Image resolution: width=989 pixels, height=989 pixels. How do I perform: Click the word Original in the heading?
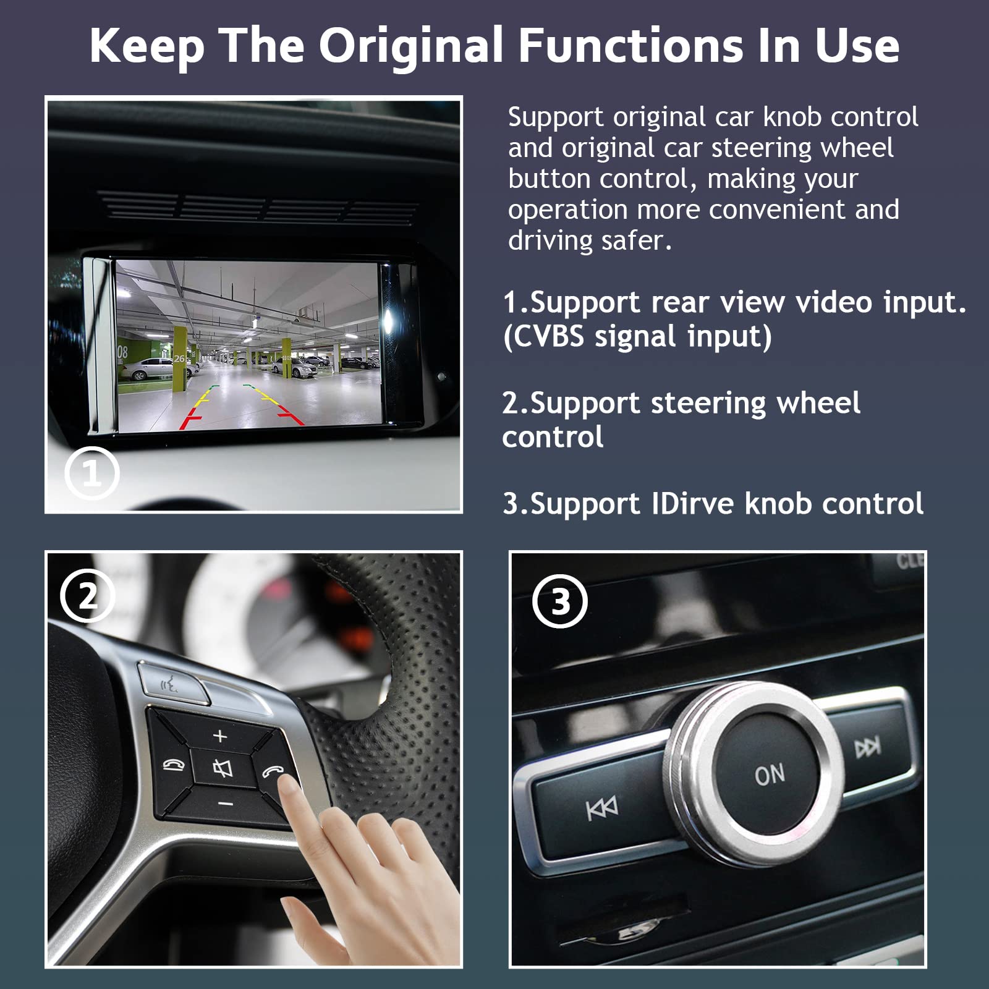[410, 46]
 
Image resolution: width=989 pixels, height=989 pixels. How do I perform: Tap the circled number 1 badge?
[91, 473]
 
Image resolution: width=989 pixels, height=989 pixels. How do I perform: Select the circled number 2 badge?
[87, 596]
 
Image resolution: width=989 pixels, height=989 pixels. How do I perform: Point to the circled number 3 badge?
[560, 601]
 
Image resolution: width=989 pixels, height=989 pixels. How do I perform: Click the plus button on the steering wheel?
[220, 736]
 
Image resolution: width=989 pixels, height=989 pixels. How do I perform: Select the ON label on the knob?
[770, 775]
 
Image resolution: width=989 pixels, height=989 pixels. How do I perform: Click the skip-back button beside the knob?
[601, 807]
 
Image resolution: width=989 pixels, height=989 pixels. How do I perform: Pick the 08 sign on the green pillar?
[122, 352]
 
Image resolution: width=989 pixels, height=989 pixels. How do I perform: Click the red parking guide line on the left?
[189, 422]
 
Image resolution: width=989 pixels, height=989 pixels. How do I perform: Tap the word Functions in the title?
[630, 46]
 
